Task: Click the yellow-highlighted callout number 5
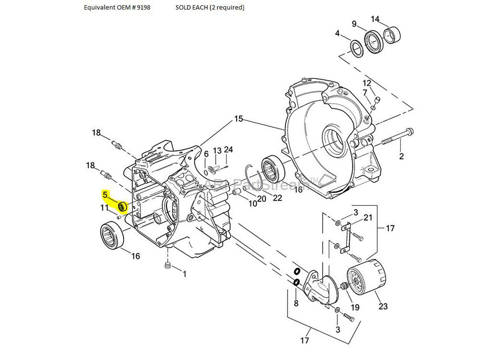pyautogui.click(x=105, y=195)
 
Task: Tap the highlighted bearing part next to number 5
pyautogui.click(x=122, y=207)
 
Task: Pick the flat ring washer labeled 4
pyautogui.click(x=356, y=48)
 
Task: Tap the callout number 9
pyautogui.click(x=354, y=24)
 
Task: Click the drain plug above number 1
pyautogui.click(x=168, y=266)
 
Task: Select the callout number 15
pyautogui.click(x=239, y=119)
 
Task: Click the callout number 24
pyautogui.click(x=228, y=150)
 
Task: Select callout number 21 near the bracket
pyautogui.click(x=368, y=218)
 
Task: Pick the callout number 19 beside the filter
pyautogui.click(x=355, y=308)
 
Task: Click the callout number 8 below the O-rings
pyautogui.click(x=296, y=303)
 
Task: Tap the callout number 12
pyautogui.click(x=367, y=83)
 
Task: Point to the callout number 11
pyautogui.click(x=105, y=208)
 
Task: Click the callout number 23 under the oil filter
pyautogui.click(x=383, y=306)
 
